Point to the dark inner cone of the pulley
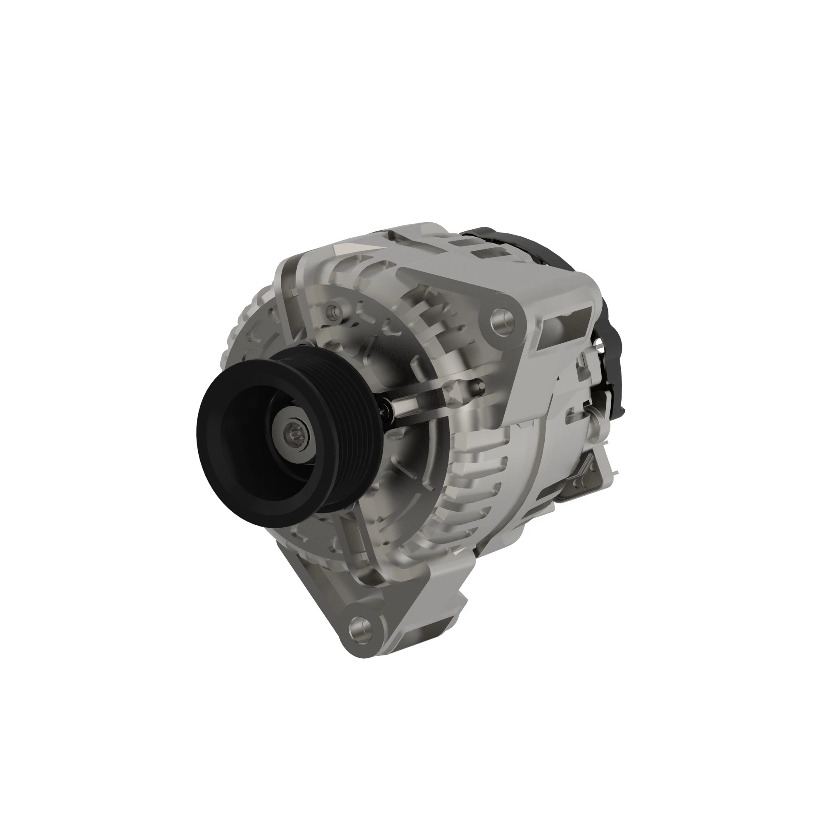252,440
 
